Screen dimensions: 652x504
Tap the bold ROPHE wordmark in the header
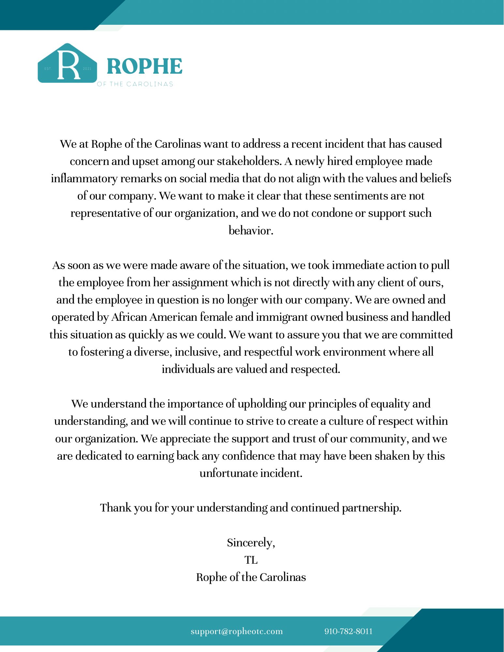point(144,66)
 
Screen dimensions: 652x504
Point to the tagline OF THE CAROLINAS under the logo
point(135,84)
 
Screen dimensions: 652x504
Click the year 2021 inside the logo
point(87,69)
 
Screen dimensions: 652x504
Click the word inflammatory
point(84,179)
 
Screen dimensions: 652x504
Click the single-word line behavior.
point(251,231)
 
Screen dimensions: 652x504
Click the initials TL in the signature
point(251,560)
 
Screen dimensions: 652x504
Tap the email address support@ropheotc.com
point(237,631)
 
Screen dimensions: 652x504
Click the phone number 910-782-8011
point(348,631)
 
